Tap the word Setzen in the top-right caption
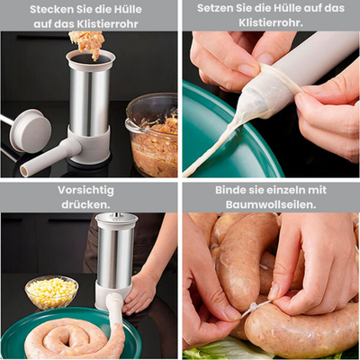pyautogui.click(x=213, y=9)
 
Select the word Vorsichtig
pyautogui.click(x=87, y=191)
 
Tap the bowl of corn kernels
pyautogui.click(x=50, y=292)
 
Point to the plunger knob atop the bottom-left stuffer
pyautogui.click(x=116, y=219)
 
